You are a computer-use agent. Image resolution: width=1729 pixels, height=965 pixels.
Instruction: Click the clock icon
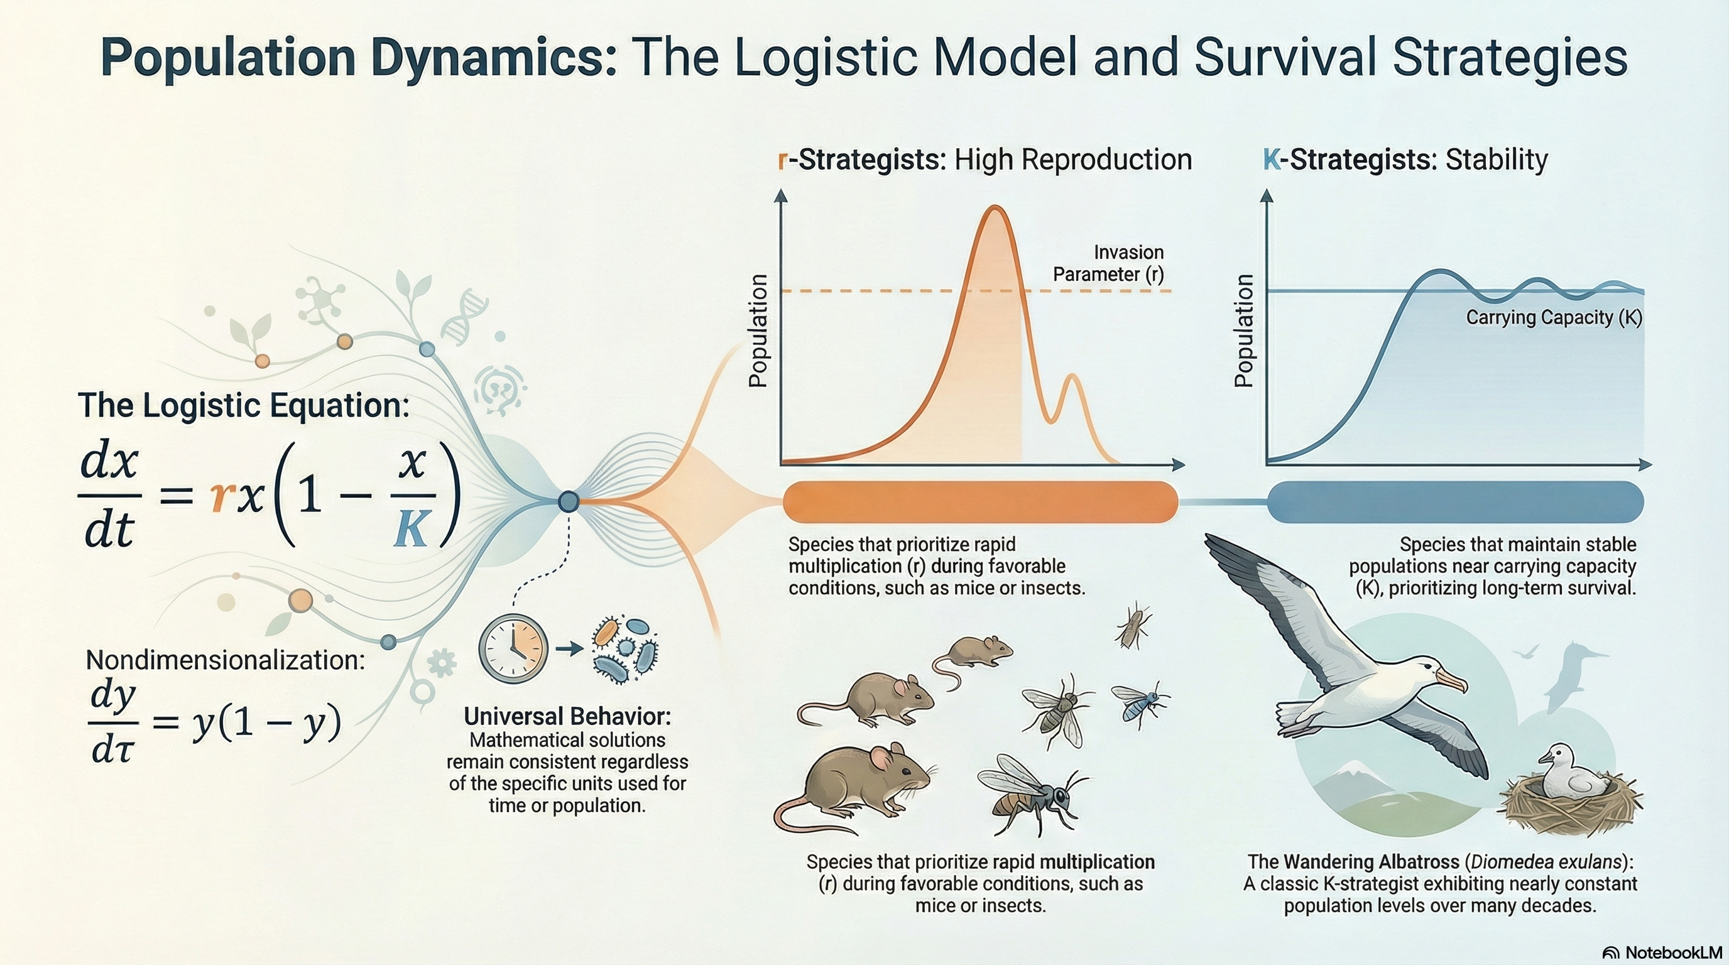pyautogui.click(x=513, y=649)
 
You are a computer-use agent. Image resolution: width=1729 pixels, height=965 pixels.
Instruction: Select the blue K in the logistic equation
pyautogui.click(x=411, y=528)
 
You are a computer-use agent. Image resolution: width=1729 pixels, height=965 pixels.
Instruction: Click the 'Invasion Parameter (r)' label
pyautogui.click(x=1108, y=263)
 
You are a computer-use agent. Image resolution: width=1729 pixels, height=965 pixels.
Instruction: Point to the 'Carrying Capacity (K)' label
pyautogui.click(x=1553, y=317)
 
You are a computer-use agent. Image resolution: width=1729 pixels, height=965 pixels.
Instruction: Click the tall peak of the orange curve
pyautogui.click(x=995, y=209)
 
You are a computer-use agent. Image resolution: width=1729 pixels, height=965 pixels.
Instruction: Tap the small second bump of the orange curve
pyautogui.click(x=1072, y=378)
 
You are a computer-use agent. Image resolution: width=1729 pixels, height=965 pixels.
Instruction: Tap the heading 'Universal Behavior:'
pyautogui.click(x=567, y=717)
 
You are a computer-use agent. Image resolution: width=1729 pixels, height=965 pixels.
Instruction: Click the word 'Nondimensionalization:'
pyautogui.click(x=226, y=660)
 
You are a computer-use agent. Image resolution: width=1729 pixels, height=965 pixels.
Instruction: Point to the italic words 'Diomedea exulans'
pyautogui.click(x=1546, y=862)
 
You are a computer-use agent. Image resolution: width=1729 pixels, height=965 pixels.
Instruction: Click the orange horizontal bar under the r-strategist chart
pyautogui.click(x=980, y=501)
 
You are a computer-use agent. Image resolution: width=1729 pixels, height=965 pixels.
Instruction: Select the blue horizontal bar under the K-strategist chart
pyautogui.click(x=1455, y=501)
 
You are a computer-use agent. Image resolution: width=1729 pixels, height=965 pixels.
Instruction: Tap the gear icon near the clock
pyautogui.click(x=441, y=663)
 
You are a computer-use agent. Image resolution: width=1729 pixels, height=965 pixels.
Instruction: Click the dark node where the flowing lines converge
pyautogui.click(x=569, y=501)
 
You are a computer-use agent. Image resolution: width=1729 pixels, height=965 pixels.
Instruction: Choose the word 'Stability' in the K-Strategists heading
pyautogui.click(x=1496, y=160)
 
